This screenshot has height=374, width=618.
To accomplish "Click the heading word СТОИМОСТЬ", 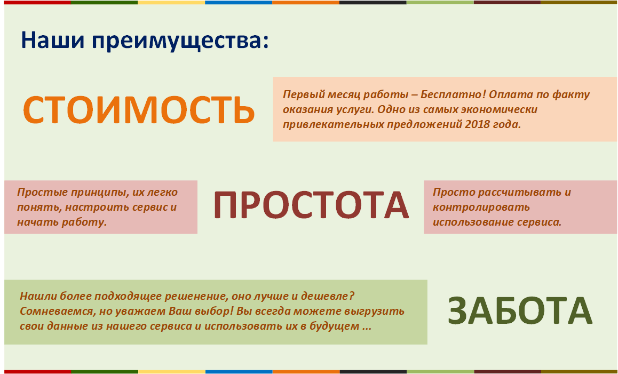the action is [x=139, y=109].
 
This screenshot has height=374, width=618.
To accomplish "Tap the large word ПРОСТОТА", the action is [x=311, y=204].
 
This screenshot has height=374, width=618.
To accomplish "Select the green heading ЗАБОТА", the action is [x=520, y=311].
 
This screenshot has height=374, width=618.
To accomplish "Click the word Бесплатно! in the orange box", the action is [x=453, y=94].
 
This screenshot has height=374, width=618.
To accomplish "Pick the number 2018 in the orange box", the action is [x=478, y=124].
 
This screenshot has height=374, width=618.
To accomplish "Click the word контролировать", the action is [x=481, y=208].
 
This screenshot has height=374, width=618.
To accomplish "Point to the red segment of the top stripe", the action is [x=37, y=2].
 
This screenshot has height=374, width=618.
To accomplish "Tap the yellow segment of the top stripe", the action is [x=171, y=2].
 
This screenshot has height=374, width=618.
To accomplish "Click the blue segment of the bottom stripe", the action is [x=239, y=372].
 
